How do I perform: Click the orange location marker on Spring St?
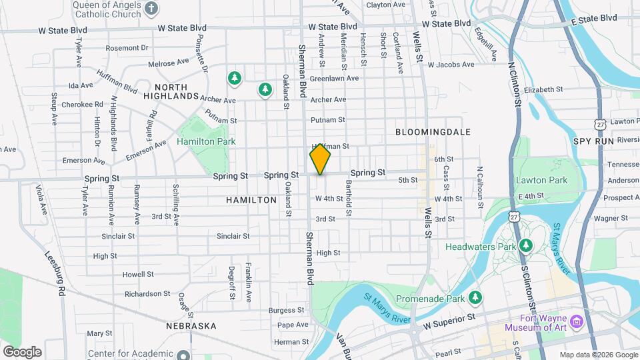tap(320, 159)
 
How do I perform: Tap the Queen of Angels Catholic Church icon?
tap(152, 9)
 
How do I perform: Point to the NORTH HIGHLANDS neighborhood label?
tap(177, 91)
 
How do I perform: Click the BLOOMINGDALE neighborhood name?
tap(433, 132)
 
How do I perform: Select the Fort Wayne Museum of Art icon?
tap(577, 322)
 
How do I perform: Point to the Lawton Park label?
tap(541, 180)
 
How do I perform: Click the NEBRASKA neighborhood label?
tap(192, 326)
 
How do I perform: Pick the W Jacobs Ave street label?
tap(451, 65)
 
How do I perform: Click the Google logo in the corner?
tap(22, 352)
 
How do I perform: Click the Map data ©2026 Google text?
tap(598, 355)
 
